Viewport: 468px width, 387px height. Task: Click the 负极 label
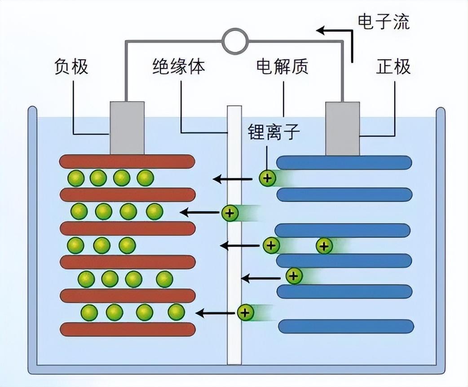(71, 67)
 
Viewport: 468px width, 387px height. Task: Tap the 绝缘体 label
(178, 67)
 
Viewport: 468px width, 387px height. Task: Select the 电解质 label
(282, 67)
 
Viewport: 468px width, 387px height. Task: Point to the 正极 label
(393, 67)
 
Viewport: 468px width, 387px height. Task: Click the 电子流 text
(384, 22)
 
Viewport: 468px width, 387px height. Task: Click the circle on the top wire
(234, 41)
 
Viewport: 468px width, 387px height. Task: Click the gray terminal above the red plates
(127, 128)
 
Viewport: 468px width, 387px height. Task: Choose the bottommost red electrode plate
(127, 329)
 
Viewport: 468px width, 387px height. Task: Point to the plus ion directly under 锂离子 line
(267, 179)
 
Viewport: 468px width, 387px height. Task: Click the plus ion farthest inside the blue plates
(324, 246)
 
